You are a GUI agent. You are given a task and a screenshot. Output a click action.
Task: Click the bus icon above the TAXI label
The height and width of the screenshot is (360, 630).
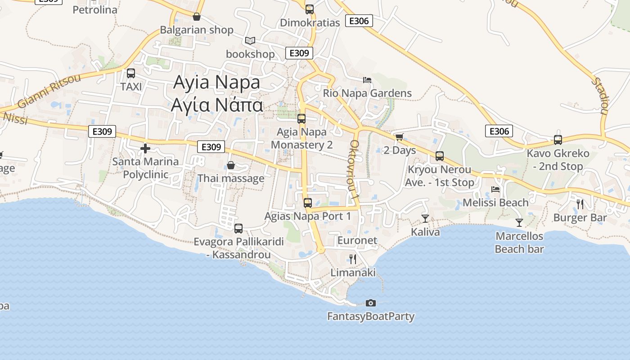[131, 73]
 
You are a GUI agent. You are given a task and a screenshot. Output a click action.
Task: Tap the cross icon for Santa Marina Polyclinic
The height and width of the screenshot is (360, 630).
[145, 148]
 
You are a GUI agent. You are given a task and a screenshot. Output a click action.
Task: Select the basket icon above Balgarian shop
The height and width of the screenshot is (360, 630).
[197, 17]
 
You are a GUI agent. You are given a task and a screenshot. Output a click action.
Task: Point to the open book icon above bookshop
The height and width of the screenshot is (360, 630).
[250, 41]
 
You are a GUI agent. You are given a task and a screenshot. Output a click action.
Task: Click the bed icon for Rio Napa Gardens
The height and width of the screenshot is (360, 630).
[367, 80]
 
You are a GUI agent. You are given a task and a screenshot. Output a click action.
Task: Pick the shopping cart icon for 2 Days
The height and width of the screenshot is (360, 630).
[399, 137]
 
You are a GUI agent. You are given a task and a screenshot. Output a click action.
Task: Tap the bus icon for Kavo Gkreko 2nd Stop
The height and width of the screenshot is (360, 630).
[558, 140]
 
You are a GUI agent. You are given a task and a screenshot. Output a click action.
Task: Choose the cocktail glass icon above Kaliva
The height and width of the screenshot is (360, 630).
[425, 219]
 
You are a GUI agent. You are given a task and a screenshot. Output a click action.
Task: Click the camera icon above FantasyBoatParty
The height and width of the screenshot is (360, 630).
[371, 303]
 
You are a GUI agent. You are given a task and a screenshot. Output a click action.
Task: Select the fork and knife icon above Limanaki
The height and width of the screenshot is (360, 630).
[353, 259]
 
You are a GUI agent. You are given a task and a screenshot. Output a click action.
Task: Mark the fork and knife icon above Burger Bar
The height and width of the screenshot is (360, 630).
[580, 204]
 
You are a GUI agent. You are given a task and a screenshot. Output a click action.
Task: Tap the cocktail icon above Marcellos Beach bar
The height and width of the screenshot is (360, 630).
[519, 222]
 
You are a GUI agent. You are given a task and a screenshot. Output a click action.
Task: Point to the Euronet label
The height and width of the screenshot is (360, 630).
[357, 240]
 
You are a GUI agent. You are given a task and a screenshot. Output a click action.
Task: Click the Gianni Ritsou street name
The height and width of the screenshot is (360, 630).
[49, 90]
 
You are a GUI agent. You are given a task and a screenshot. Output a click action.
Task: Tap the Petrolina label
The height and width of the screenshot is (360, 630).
[95, 9]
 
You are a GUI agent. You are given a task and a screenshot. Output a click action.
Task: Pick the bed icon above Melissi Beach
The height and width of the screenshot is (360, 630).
[495, 189]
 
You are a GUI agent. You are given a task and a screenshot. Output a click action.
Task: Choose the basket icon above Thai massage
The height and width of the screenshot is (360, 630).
[231, 165]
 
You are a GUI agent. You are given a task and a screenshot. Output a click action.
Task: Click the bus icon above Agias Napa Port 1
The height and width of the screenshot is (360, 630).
[308, 202]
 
